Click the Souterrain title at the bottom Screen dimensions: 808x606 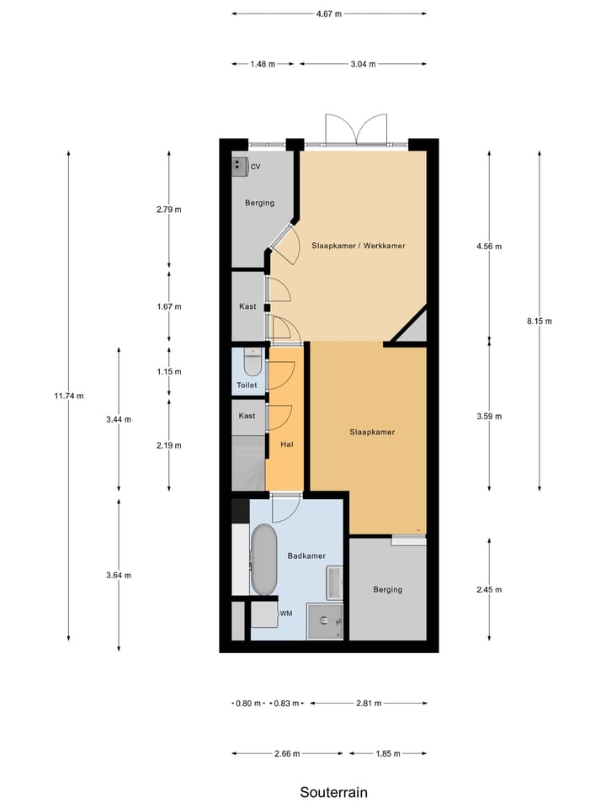click(334, 792)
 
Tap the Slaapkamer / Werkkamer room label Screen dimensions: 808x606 click(359, 246)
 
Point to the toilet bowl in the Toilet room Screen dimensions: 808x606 click(251, 363)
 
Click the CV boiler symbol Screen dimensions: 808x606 click(240, 166)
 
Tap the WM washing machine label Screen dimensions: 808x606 click(286, 613)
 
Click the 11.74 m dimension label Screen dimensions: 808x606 click(68, 396)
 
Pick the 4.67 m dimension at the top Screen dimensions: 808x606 click(329, 13)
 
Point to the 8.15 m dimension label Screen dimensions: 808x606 click(539, 321)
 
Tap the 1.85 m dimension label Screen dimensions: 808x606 click(388, 754)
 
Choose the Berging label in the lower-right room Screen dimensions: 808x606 click(387, 589)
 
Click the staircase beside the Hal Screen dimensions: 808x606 click(248, 463)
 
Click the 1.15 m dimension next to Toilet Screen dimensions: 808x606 click(169, 371)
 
